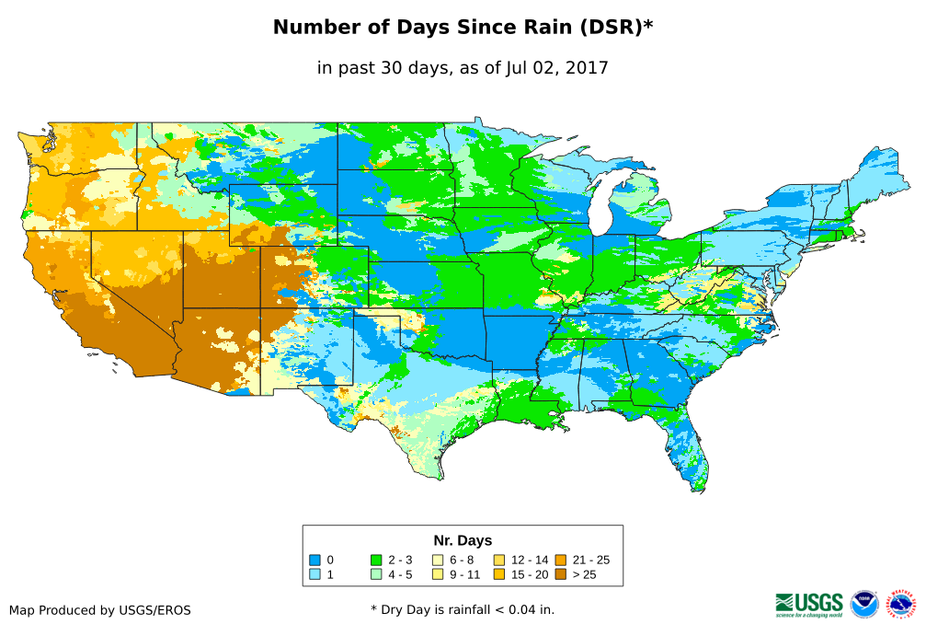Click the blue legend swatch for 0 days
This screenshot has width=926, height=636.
tap(314, 560)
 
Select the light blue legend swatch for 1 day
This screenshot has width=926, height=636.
tap(314, 574)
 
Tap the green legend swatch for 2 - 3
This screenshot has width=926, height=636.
tap(376, 560)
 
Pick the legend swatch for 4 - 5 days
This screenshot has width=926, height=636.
tap(376, 574)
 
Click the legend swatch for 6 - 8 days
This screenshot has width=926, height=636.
tap(438, 560)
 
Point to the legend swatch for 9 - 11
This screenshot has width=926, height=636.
tap(438, 574)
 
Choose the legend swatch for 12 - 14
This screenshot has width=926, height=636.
tap(499, 560)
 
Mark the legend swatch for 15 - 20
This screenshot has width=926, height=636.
tap(499, 574)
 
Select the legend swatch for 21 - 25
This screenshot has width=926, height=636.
tap(560, 560)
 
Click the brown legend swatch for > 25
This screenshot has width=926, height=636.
tap(560, 574)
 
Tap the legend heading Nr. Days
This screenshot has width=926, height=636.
tap(463, 540)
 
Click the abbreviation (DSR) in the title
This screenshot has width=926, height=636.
tap(610, 28)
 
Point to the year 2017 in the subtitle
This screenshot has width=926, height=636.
tap(588, 68)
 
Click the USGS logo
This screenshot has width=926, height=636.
tap(809, 604)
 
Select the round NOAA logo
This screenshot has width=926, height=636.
tap(864, 604)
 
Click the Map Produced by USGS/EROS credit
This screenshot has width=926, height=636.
tap(100, 610)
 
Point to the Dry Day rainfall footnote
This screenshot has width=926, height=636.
tap(463, 609)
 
